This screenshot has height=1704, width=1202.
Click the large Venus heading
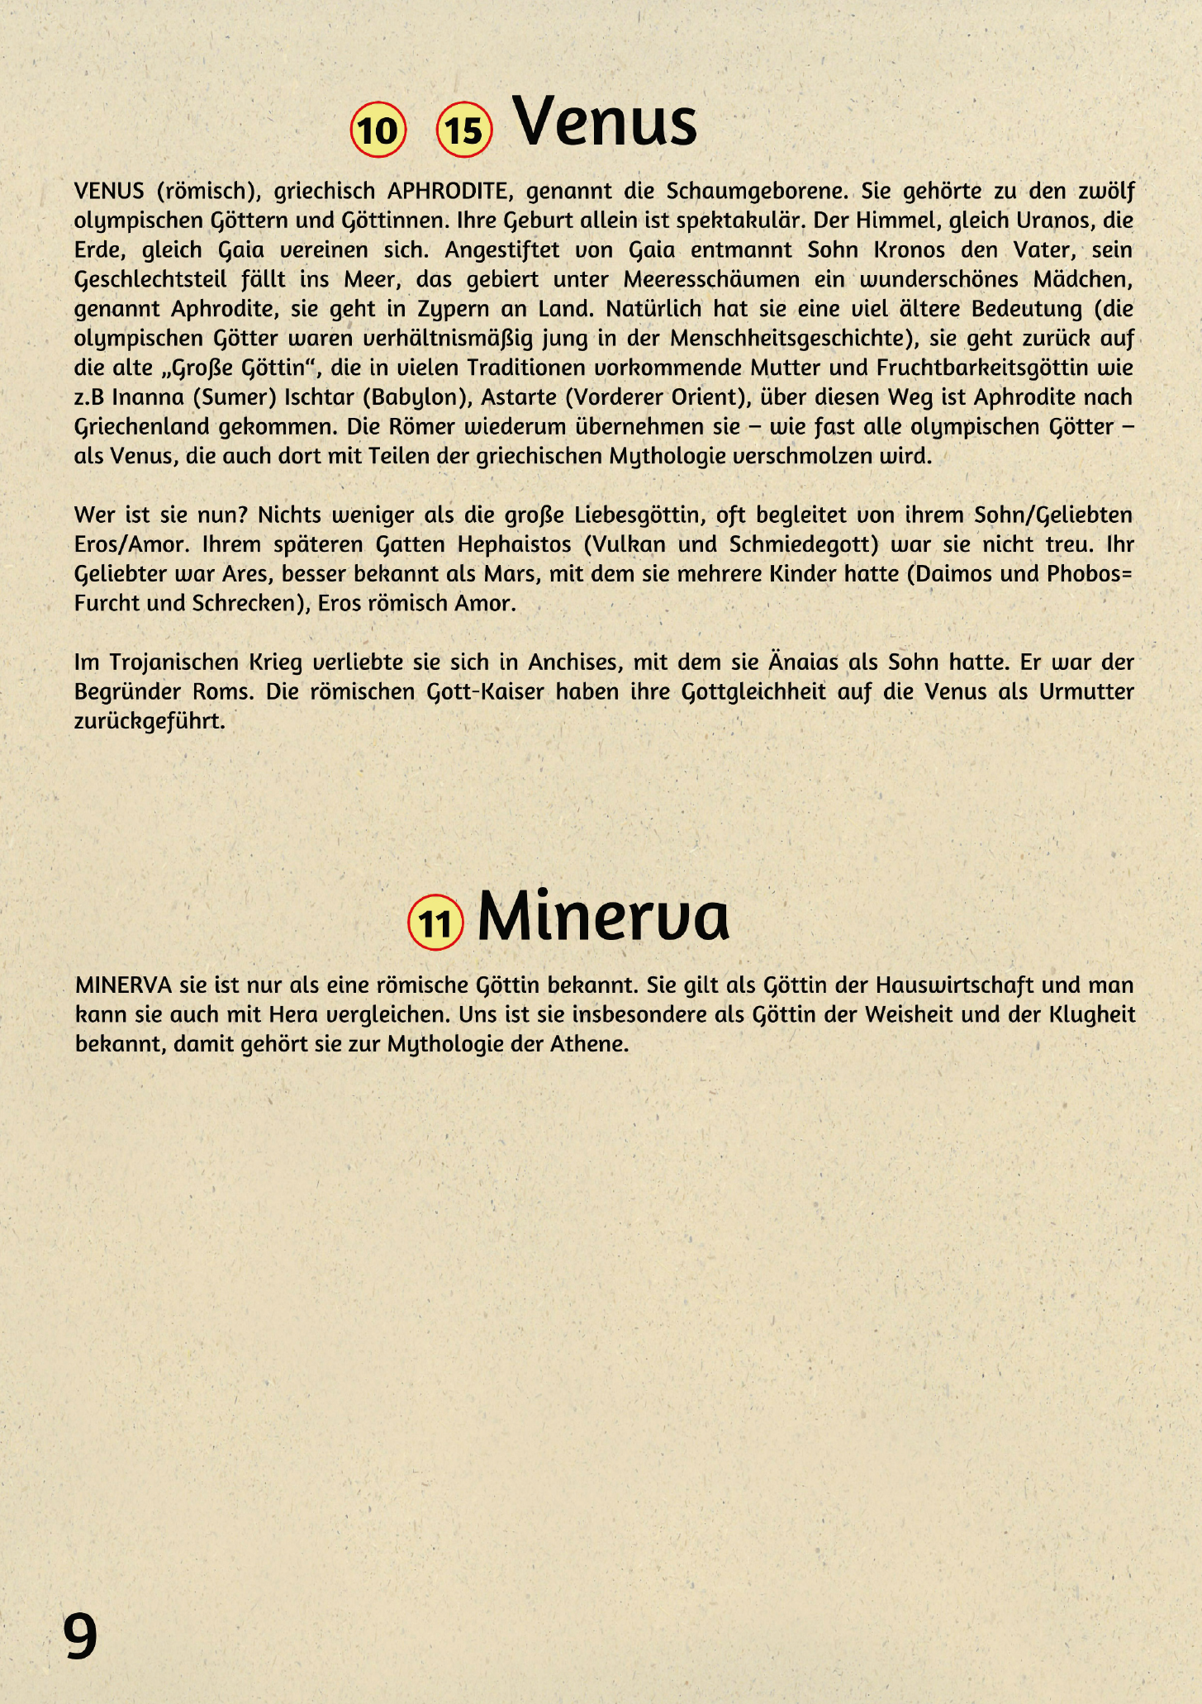(605, 122)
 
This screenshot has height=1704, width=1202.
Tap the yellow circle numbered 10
(378, 130)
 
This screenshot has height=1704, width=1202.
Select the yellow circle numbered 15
(464, 130)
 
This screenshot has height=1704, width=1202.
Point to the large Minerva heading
(603, 916)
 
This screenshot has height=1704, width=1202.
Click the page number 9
(80, 1636)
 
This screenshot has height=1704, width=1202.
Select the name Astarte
(519, 398)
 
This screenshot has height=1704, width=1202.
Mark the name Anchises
(574, 662)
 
